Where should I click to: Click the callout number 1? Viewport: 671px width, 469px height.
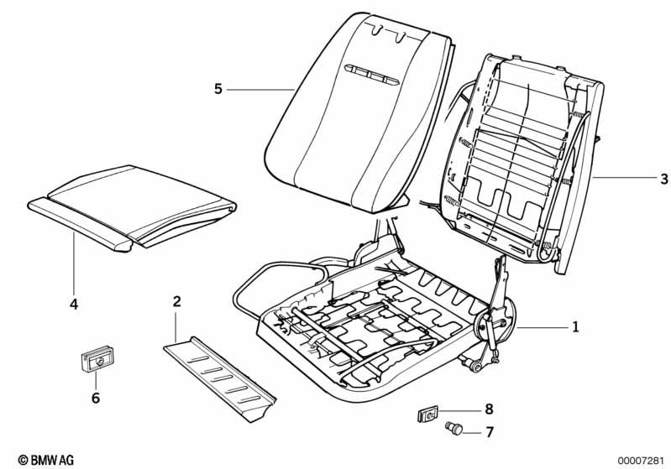(575, 327)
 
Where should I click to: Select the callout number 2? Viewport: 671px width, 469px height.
(176, 301)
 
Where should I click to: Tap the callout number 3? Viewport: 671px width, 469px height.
(663, 179)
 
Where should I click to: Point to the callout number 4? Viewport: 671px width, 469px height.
(74, 305)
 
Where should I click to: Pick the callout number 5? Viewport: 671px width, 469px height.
(218, 89)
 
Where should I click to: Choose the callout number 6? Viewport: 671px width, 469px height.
(96, 398)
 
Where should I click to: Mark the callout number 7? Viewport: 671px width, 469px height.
(490, 432)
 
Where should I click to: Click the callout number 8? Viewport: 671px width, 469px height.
(489, 409)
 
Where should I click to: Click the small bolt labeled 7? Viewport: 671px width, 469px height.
(453, 428)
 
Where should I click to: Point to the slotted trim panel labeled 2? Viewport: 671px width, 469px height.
(220, 378)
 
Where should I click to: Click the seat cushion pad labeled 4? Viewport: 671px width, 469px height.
(132, 207)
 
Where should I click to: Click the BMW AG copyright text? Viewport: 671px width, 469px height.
(46, 460)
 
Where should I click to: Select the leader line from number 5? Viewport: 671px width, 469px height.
(260, 90)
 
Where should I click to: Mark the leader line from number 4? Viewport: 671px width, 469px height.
(74, 263)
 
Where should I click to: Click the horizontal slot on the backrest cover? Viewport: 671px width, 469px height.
(371, 76)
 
